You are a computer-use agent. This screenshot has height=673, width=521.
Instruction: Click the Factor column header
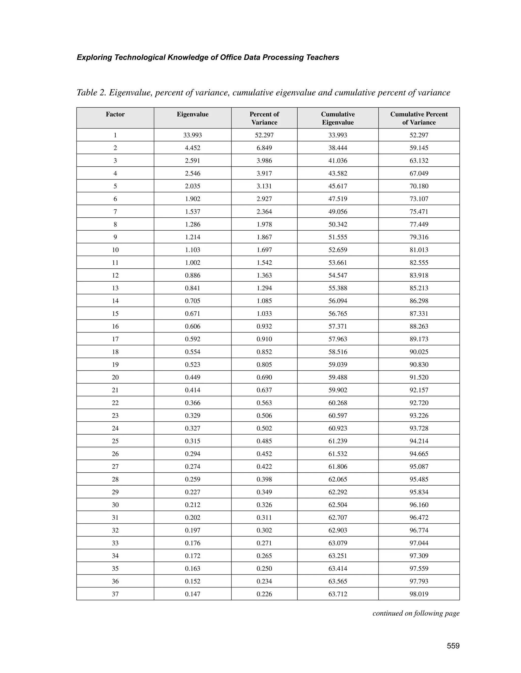click(115, 114)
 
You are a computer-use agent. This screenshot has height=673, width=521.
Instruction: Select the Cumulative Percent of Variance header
click(419, 118)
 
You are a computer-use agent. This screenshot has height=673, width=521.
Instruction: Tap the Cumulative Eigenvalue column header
click(338, 118)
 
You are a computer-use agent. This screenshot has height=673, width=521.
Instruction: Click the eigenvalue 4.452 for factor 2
click(193, 148)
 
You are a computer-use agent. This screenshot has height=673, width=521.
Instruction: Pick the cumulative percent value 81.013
click(419, 250)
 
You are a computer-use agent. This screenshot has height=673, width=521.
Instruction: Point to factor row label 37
click(115, 594)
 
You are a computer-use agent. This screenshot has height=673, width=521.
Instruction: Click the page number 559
click(453, 646)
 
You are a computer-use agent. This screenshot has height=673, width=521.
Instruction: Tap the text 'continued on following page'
click(416, 613)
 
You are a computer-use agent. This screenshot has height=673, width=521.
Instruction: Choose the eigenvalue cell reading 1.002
click(193, 263)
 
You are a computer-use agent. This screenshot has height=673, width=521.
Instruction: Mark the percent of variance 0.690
click(264, 377)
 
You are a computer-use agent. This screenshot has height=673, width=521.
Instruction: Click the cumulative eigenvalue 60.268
click(338, 403)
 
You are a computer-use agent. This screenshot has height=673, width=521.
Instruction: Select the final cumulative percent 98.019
click(419, 594)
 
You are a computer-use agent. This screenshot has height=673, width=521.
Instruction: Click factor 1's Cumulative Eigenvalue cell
click(338, 135)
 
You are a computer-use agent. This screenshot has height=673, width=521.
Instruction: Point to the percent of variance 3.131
click(264, 186)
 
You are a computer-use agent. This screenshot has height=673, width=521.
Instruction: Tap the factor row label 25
click(115, 441)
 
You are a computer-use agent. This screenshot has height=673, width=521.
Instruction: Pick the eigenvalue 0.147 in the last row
click(193, 594)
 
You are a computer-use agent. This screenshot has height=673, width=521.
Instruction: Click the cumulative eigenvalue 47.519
click(338, 199)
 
